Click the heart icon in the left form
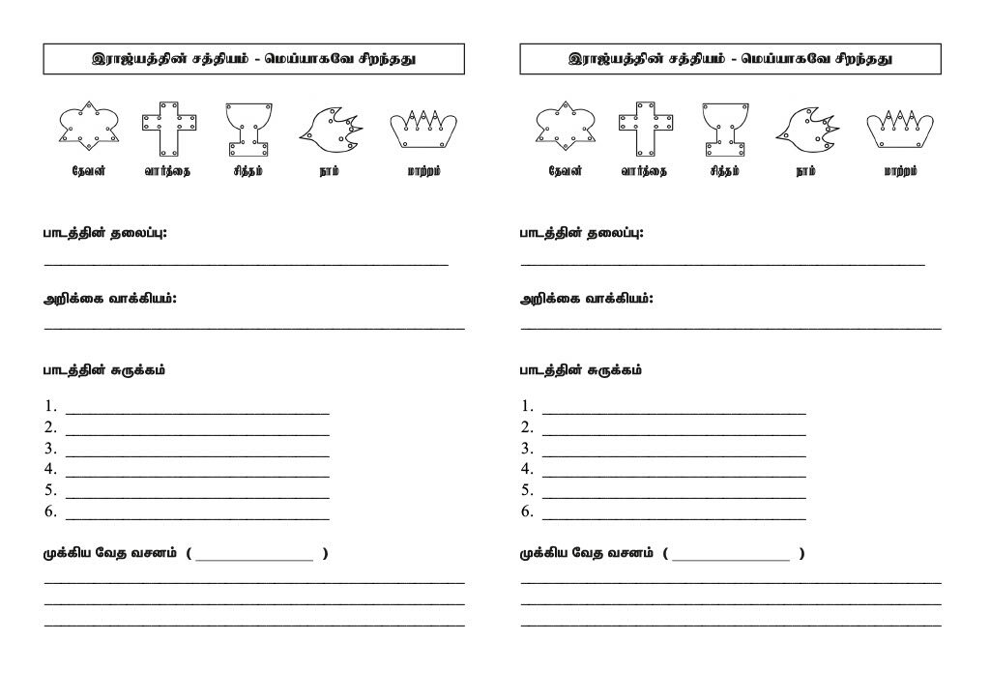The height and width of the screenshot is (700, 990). [88, 126]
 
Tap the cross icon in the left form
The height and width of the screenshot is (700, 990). [170, 128]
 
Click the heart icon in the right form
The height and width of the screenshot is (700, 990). [565, 126]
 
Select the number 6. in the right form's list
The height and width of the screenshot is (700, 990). [527, 511]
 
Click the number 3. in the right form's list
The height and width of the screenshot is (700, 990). [527, 449]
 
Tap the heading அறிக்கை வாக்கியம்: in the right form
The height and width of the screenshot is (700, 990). [587, 299]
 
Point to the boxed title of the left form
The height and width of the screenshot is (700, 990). [253, 59]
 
